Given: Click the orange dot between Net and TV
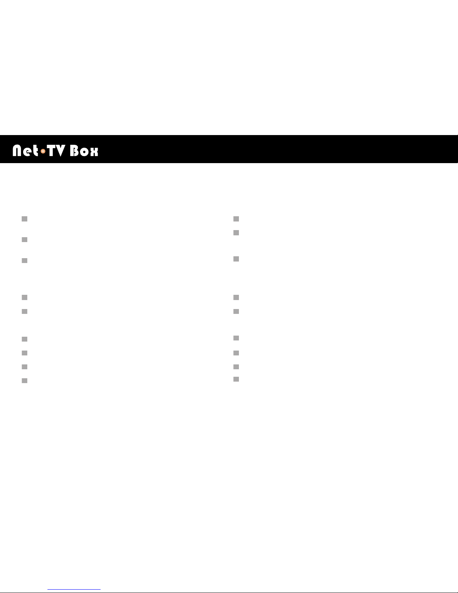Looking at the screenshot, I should [43, 152].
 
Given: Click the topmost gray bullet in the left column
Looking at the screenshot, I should [25, 219].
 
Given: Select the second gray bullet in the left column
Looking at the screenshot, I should [25, 240].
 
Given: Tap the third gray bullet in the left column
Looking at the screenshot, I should [25, 260].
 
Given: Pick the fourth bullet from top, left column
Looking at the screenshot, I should [25, 297].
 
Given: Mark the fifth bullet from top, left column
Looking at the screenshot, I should [25, 311].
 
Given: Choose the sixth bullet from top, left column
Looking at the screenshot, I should [25, 339].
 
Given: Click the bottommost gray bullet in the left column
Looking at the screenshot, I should [25, 380].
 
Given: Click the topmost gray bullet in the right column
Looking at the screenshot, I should [236, 219].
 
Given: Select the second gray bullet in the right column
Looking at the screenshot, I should [236, 233].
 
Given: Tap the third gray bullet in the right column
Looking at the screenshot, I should [236, 259].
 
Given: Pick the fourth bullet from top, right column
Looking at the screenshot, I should [236, 297].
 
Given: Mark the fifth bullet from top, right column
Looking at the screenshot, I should [236, 311].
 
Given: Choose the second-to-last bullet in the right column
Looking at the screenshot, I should [236, 367].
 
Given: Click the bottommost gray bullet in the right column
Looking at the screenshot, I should [236, 379].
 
